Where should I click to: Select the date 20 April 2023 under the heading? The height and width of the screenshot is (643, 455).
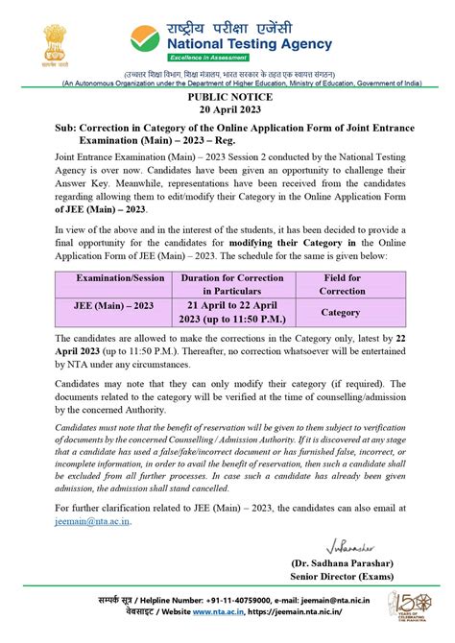tap(227, 111)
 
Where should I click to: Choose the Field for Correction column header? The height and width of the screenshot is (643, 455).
tap(340, 283)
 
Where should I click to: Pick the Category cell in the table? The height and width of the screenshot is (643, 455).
tap(340, 311)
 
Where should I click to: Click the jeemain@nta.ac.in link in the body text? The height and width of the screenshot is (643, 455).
tap(91, 521)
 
